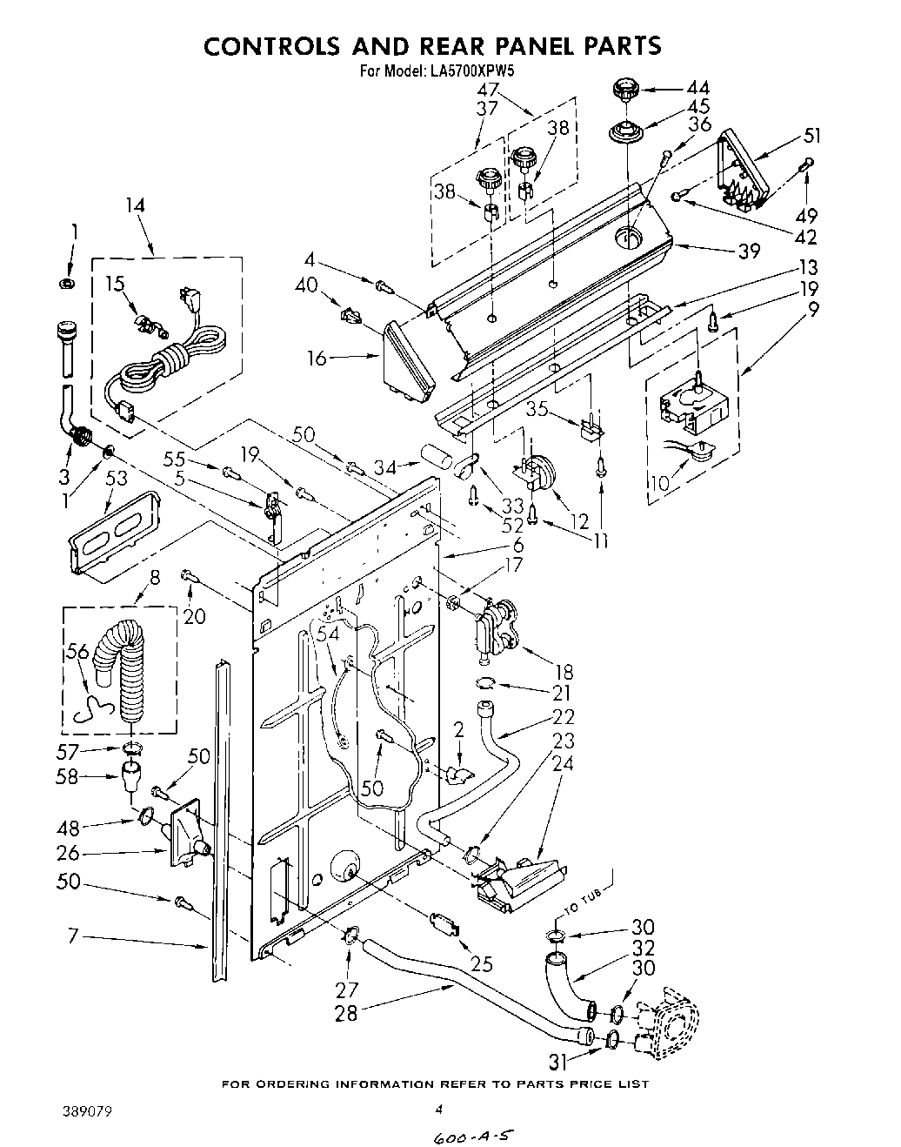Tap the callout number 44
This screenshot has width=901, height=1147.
697,88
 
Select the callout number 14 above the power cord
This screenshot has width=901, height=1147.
135,205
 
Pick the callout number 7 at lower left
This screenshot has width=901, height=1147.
74,936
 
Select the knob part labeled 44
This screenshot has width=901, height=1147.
624,89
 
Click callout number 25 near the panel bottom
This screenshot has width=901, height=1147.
481,963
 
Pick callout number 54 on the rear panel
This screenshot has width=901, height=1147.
328,635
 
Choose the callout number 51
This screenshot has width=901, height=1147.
813,135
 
